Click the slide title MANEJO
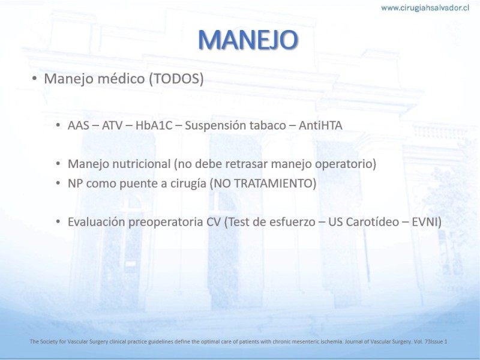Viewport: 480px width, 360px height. click(x=248, y=40)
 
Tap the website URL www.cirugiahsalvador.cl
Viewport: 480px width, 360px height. click(x=425, y=8)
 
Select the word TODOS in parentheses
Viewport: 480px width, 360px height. click(x=176, y=79)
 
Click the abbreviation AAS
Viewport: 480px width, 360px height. click(x=79, y=125)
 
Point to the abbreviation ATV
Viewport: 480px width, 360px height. click(x=112, y=125)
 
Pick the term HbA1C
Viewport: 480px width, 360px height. click(x=154, y=125)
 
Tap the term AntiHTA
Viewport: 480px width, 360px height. click(x=320, y=125)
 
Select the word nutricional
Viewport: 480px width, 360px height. click(x=141, y=164)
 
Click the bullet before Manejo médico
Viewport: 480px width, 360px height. click(x=34, y=79)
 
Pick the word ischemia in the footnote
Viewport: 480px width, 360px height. click(x=334, y=341)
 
